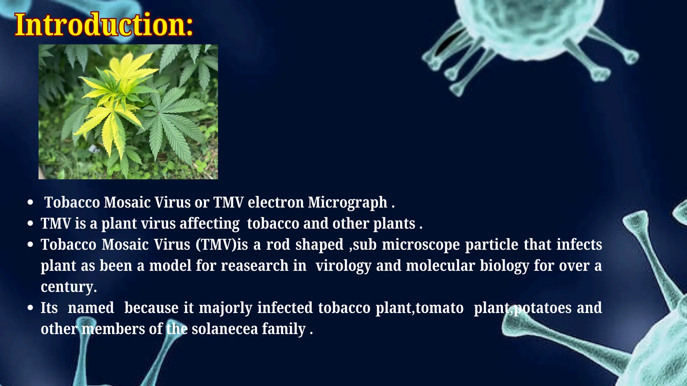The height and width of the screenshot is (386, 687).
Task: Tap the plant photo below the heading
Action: pyautogui.click(x=128, y=112)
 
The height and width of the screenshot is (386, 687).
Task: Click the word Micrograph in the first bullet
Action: pyautogui.click(x=348, y=202)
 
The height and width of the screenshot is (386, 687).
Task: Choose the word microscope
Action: pyautogui.click(x=421, y=245)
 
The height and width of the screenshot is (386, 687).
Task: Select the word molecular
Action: pyautogui.click(x=440, y=266)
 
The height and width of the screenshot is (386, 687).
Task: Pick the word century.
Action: pyautogui.click(x=68, y=287)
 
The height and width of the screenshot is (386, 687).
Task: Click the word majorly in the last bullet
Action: pyautogui.click(x=225, y=308)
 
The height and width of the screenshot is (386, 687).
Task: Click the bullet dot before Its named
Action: pyautogui.click(x=31, y=308)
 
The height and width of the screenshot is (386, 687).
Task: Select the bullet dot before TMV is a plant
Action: pyautogui.click(x=31, y=223)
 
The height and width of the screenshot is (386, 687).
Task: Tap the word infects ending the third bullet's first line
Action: pyautogui.click(x=579, y=245)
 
